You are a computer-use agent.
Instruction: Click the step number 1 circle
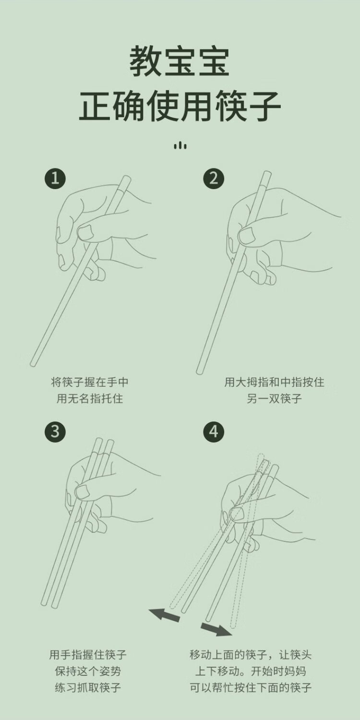click(55, 178)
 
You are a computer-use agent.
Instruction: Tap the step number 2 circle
click(214, 178)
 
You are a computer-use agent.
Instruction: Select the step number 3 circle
click(55, 431)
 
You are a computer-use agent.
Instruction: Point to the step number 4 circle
click(214, 431)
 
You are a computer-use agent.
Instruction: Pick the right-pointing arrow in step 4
click(216, 629)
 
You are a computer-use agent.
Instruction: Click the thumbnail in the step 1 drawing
click(85, 232)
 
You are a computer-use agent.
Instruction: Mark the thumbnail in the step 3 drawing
click(82, 492)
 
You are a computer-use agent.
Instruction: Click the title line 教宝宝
click(180, 61)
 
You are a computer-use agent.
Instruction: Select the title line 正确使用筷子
click(180, 106)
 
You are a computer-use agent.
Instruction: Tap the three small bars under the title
click(180, 145)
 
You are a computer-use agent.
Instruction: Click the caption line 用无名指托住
click(90, 398)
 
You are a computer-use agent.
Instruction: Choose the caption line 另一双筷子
click(274, 398)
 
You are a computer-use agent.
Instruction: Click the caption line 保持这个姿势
click(88, 671)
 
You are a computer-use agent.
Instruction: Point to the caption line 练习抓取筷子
click(88, 688)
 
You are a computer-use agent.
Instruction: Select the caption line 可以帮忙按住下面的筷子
click(251, 688)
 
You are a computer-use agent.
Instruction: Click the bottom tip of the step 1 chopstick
click(32, 364)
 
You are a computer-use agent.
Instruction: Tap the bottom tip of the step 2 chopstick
click(199, 372)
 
